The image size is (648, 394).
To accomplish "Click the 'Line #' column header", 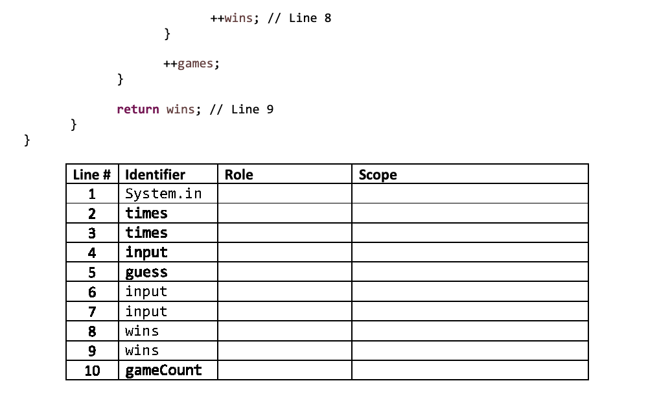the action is point(92,174).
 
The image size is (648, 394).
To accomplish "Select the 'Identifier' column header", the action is point(155,174).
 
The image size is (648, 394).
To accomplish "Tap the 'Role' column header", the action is point(239,174).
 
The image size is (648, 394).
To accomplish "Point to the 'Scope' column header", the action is point(378,175).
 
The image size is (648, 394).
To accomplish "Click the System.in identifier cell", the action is point(164,194).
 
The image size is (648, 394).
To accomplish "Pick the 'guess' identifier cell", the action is point(146,272).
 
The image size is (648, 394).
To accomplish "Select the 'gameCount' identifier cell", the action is point(164,370).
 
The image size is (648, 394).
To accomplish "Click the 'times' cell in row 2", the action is point(146,213).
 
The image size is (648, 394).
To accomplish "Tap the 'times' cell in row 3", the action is point(146,233).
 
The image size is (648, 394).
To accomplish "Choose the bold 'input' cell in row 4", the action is point(146,253).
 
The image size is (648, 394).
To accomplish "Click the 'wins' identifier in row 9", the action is point(142,351).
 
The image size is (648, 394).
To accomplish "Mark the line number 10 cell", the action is point(92,371).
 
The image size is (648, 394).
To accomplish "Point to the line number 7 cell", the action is point(92,311).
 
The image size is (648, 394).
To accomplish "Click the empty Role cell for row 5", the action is point(284,272).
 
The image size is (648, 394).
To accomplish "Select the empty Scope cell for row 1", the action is point(470,194).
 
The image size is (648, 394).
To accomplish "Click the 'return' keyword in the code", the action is point(137,109).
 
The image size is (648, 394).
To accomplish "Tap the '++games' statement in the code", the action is point(191,64).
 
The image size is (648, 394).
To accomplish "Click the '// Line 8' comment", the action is point(299,18).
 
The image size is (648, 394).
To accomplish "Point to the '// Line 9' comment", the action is point(241,109).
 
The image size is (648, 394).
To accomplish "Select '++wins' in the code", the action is point(231,18).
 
